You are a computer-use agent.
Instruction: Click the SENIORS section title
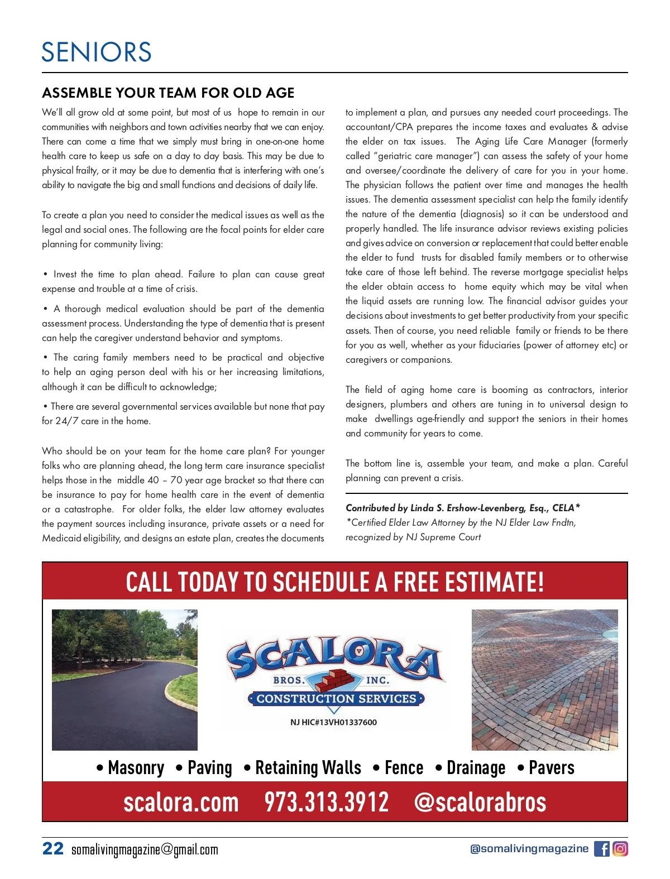97,52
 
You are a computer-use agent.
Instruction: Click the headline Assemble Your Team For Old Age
168,93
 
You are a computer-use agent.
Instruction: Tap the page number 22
53,848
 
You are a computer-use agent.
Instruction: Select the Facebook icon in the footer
602,849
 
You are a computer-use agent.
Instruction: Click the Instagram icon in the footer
620,849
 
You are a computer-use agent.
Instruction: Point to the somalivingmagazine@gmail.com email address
145,849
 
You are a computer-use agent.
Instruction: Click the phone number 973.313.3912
326,802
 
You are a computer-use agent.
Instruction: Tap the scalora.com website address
181,802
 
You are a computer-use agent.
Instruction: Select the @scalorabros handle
480,802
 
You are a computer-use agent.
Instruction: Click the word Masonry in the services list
136,768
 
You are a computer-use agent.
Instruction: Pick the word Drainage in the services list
476,768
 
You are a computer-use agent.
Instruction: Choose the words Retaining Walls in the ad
308,768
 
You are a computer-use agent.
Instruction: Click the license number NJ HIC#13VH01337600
333,722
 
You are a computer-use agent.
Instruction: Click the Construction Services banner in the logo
336,699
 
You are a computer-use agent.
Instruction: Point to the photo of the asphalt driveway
125,680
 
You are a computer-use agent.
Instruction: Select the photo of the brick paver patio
544,680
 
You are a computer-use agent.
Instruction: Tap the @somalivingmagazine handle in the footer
529,849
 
